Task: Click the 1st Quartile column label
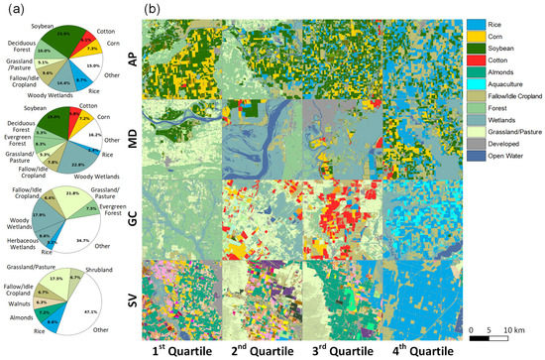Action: tap(185, 350)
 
